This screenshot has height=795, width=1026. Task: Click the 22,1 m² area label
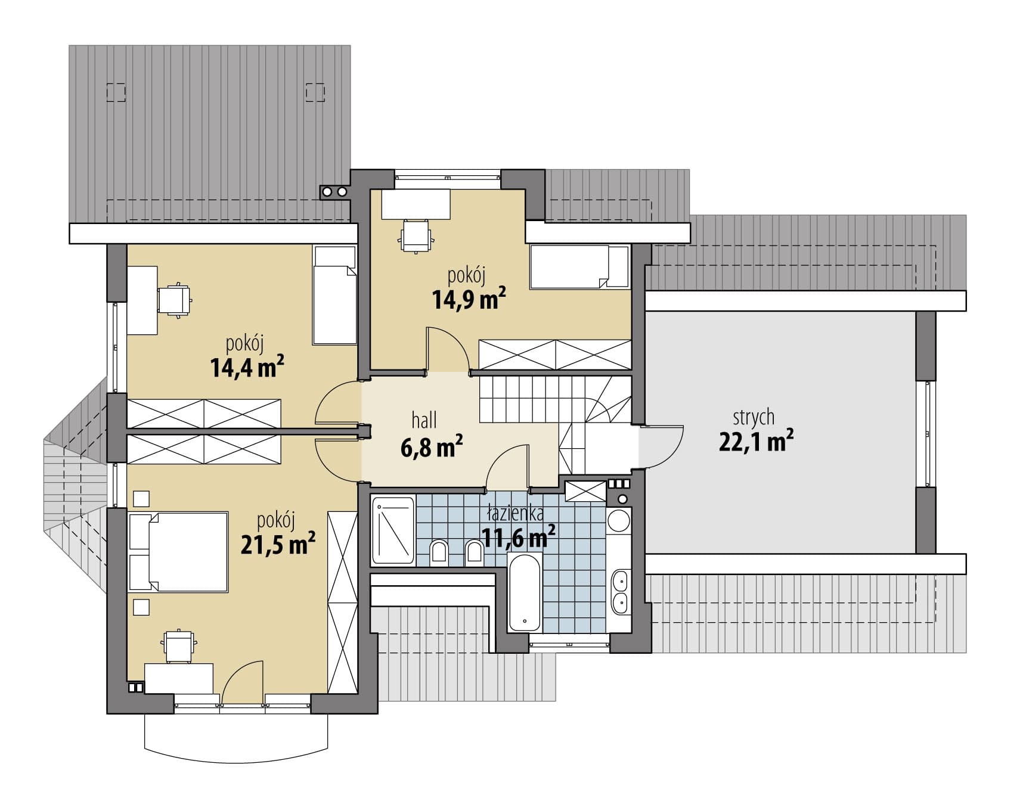click(x=756, y=442)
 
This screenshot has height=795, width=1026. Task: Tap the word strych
click(x=754, y=417)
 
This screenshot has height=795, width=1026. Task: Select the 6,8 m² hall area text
click(x=432, y=446)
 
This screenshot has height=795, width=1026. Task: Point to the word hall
click(x=424, y=420)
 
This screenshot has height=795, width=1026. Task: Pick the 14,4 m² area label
click(x=247, y=367)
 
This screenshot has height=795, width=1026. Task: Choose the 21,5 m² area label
click(x=278, y=544)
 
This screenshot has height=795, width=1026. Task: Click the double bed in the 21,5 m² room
click(x=179, y=552)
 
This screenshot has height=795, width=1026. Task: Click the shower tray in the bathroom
click(x=393, y=530)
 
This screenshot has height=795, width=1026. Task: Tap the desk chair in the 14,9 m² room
click(x=416, y=236)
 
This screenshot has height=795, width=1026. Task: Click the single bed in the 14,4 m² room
click(x=334, y=296)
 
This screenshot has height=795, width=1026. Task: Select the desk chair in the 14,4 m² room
click(x=175, y=300)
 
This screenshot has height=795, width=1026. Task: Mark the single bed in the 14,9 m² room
click(x=580, y=266)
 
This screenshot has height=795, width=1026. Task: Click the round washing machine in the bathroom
click(x=619, y=520)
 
